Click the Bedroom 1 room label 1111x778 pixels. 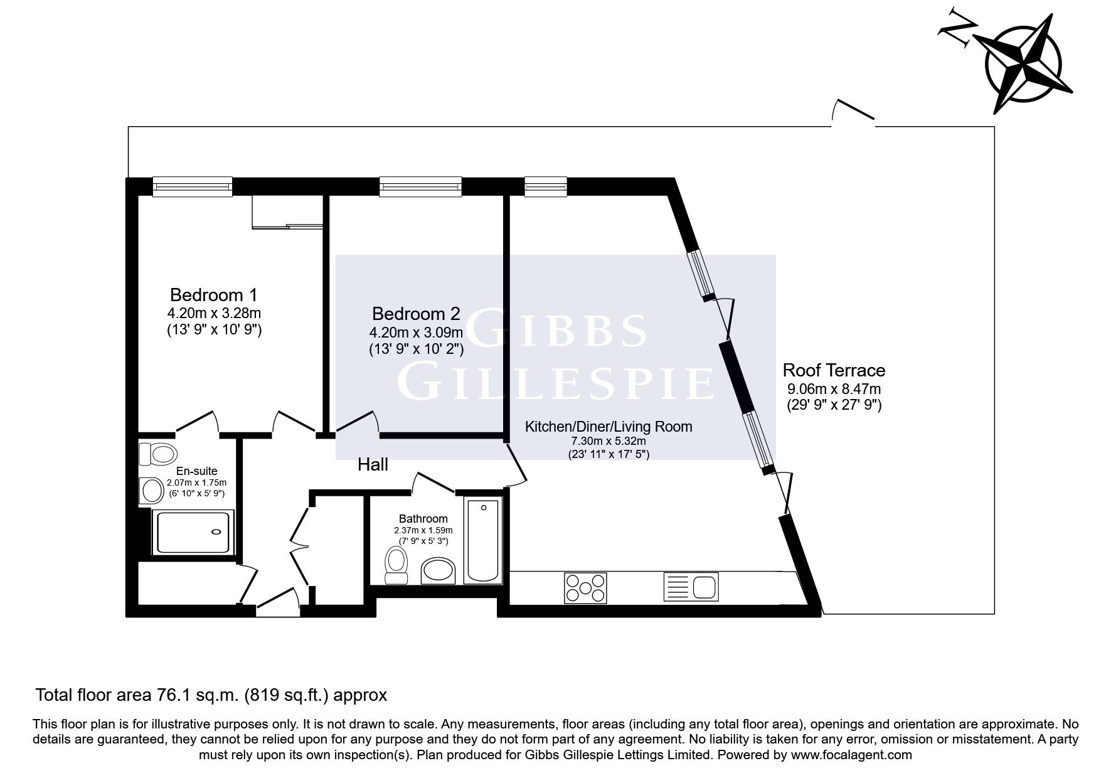[x=214, y=294]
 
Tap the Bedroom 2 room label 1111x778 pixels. [x=416, y=313]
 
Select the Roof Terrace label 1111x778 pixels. [x=834, y=370]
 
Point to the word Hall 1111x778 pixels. [x=373, y=464]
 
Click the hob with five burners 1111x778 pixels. [x=585, y=588]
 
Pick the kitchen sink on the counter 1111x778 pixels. [x=691, y=587]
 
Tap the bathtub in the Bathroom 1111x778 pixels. [x=482, y=540]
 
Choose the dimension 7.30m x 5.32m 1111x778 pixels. [x=609, y=441]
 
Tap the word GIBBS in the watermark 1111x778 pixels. [x=555, y=330]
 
